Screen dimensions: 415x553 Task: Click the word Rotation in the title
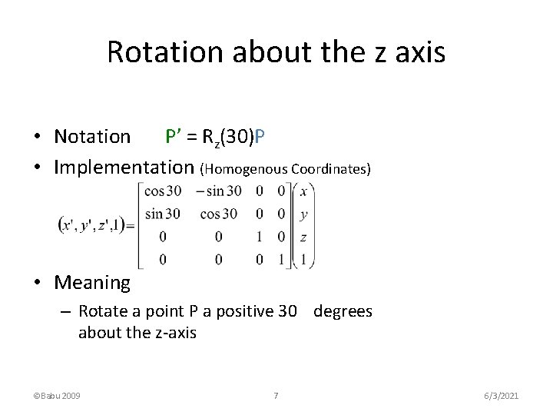157,51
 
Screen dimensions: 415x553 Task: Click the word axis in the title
418,51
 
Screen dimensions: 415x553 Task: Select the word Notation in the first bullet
92,137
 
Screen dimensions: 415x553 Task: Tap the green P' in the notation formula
173,136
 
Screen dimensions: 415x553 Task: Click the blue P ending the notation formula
260,137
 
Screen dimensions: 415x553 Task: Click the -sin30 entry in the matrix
218,191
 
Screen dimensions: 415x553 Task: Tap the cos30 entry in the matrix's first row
161,191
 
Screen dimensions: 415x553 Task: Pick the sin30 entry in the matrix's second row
161,214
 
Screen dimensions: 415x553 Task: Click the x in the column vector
304,191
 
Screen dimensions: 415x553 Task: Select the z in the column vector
304,237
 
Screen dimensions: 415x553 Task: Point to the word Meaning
92,283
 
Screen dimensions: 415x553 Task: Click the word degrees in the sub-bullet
343,311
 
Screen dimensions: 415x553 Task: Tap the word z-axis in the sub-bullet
173,333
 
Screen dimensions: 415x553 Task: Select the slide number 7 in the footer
276,396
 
